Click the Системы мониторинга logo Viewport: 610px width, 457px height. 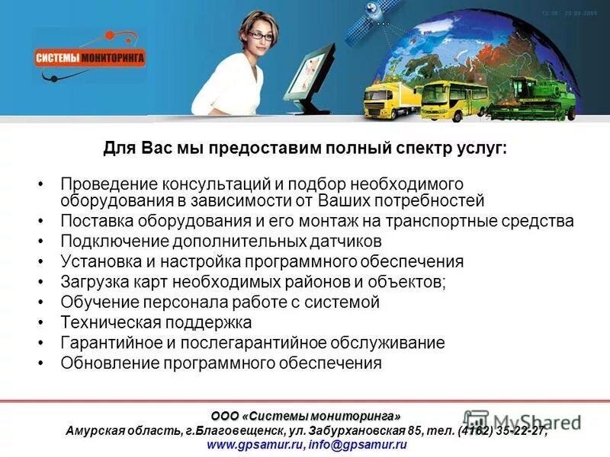point(90,57)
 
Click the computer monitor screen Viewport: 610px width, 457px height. point(313,72)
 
